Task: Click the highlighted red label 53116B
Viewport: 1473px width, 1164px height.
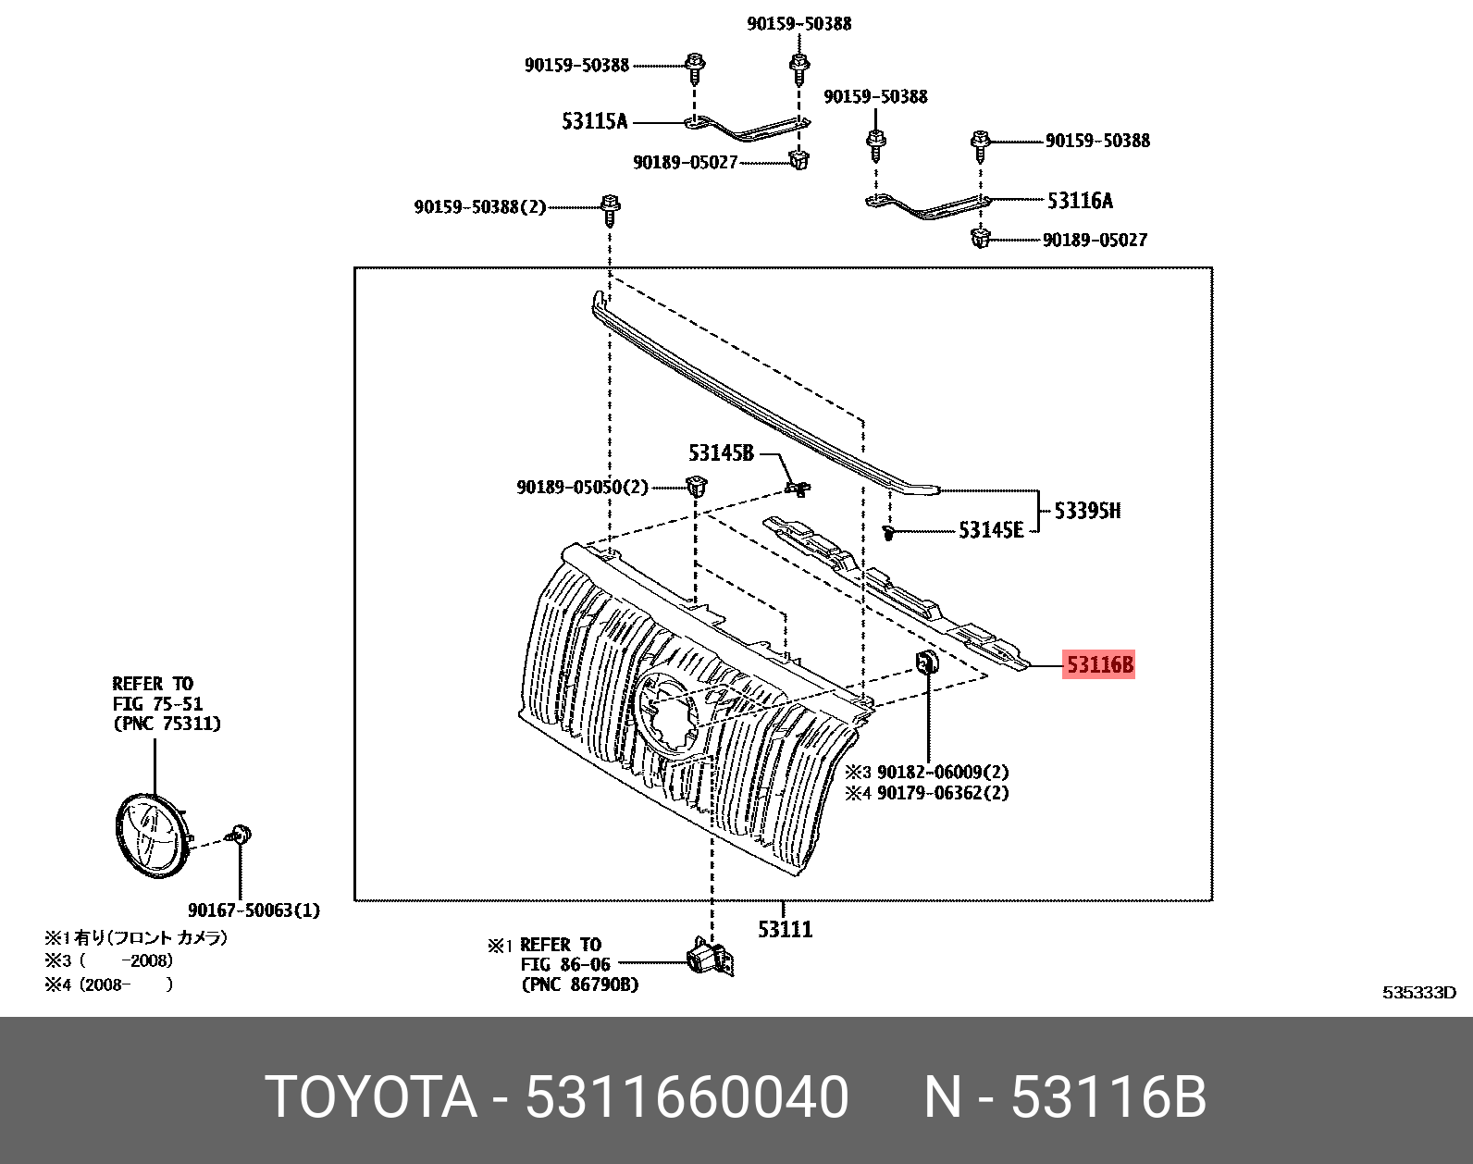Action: [x=1098, y=664]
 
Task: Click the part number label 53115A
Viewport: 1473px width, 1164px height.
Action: [x=594, y=121]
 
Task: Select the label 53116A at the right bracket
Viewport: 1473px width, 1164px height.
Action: [x=1080, y=200]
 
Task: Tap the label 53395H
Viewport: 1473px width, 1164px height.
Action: [x=1087, y=511]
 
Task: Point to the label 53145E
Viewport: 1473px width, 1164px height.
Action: [x=991, y=530]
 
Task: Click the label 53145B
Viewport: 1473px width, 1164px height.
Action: [x=720, y=453]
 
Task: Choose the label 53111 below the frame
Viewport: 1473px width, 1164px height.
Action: [x=785, y=929]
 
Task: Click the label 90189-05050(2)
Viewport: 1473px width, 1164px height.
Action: [x=582, y=487]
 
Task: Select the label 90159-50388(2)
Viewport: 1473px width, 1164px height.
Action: [x=480, y=206]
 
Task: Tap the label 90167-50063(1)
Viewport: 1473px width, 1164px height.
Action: [x=254, y=910]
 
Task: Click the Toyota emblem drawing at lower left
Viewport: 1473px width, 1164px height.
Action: [x=151, y=835]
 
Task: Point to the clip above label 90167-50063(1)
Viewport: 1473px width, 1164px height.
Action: [x=241, y=836]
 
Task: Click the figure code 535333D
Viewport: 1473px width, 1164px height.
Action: [x=1418, y=993]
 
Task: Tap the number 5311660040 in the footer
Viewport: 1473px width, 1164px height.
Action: [x=687, y=1098]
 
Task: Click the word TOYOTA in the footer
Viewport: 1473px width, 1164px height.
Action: [x=371, y=1098]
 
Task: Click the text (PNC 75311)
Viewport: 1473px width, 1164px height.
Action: [x=167, y=724]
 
